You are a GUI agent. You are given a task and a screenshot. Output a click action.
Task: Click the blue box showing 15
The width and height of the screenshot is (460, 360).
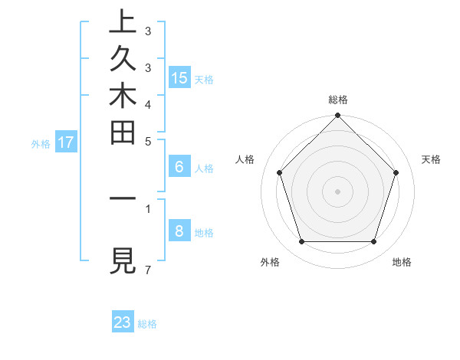click(x=179, y=77)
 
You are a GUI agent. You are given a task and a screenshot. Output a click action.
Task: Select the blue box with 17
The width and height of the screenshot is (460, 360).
click(x=66, y=142)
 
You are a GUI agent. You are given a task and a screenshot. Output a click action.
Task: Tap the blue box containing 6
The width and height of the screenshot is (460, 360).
click(x=179, y=167)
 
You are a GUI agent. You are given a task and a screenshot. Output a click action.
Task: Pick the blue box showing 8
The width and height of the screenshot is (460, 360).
click(x=179, y=231)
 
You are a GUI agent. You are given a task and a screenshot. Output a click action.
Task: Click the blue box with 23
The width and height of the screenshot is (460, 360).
click(x=123, y=322)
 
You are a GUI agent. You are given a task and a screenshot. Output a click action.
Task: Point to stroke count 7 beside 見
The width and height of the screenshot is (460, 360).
click(x=147, y=270)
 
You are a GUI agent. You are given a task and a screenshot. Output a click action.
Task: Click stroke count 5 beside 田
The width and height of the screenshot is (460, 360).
click(x=147, y=142)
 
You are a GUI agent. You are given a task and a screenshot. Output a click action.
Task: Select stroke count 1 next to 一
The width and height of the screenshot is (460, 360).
click(x=147, y=208)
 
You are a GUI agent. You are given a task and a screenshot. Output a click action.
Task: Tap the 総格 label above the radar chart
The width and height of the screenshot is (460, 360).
click(x=338, y=100)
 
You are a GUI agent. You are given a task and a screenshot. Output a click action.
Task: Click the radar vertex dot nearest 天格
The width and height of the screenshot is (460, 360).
click(x=396, y=172)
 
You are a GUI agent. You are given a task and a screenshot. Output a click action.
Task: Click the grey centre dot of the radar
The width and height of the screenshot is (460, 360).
click(x=338, y=191)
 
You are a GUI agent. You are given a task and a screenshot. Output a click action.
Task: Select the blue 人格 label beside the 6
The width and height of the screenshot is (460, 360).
click(x=204, y=169)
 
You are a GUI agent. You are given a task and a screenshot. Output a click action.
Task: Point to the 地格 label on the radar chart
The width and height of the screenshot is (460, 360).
click(x=402, y=262)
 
